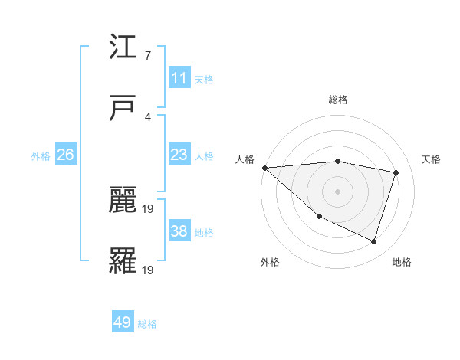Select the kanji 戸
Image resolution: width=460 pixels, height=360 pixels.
pos(123,108)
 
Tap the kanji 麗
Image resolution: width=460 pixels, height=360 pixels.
pos(123,200)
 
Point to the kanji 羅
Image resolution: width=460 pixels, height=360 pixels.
pos(123,261)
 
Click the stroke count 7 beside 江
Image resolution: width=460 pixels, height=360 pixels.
pos(147,56)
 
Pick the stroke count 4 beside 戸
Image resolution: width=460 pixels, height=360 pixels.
pos(147,116)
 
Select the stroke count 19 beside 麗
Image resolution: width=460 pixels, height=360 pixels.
pos(149,208)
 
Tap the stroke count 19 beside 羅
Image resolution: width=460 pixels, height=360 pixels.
pos(149,270)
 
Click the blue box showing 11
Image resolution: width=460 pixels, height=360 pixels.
pos(179,78)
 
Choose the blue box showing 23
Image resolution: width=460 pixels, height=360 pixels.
pos(179,155)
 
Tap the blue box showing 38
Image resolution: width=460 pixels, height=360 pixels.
pos(179,231)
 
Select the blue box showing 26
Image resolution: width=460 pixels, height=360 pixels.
pos(65,155)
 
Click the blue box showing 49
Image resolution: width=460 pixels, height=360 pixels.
pos(123,322)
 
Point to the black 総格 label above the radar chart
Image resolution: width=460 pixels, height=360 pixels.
pos(337,100)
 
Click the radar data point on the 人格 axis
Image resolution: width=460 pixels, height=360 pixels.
pos(264,168)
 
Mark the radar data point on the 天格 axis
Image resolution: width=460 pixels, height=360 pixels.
pos(396,172)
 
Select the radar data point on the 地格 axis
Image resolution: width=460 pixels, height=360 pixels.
pos(374,241)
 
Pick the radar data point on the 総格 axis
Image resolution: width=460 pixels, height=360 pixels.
pos(337,161)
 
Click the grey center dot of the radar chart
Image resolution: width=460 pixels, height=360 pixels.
pos(337,191)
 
